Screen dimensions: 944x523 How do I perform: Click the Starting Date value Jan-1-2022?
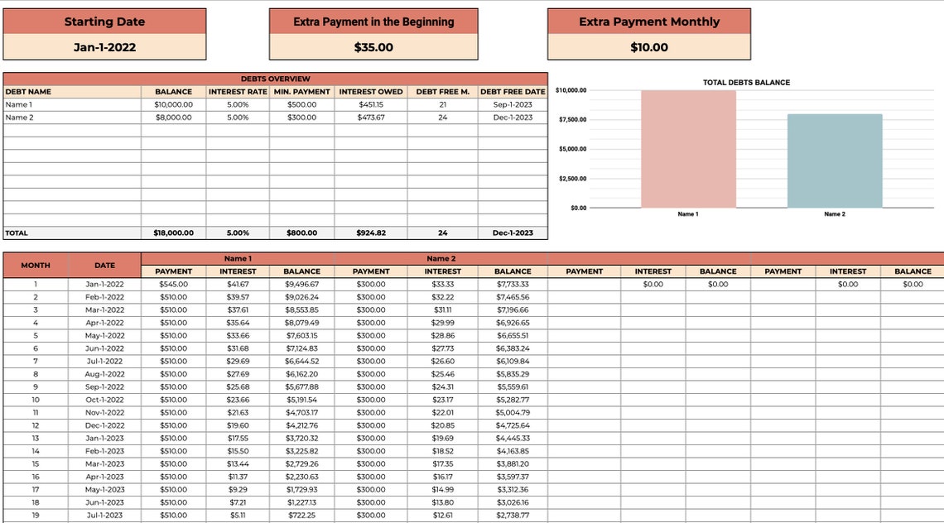tap(104, 47)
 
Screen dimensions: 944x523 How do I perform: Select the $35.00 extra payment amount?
tap(373, 47)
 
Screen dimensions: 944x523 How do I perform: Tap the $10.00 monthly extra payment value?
tap(649, 47)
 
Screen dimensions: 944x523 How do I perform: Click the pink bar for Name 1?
tap(688, 149)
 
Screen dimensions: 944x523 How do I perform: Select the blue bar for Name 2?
tap(834, 161)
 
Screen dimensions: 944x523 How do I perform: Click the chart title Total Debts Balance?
tap(746, 83)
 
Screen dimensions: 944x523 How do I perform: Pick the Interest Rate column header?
tap(238, 92)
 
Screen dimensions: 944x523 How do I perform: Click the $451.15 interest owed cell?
tap(370, 104)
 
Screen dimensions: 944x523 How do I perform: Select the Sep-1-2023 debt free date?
tap(513, 104)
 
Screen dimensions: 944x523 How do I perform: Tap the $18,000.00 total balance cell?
tap(173, 233)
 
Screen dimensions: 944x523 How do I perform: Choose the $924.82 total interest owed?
tap(370, 233)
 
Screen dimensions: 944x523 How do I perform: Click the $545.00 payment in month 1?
tap(173, 284)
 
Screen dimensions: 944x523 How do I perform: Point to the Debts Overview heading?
tap(276, 79)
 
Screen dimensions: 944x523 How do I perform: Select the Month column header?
tap(36, 265)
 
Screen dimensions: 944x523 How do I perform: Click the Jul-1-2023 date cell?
tap(104, 515)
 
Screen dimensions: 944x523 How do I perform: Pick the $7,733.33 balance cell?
tap(513, 284)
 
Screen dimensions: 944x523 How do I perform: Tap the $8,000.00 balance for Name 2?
tap(173, 118)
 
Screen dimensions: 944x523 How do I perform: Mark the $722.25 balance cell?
tap(302, 515)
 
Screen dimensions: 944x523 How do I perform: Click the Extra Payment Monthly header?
tap(649, 22)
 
